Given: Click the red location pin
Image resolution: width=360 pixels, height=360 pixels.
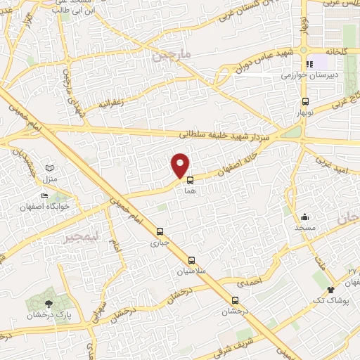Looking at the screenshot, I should coord(181,165).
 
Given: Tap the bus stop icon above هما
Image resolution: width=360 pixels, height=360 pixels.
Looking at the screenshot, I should coord(190,180).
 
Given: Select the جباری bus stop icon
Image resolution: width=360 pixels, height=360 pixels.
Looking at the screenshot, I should coord(160,231).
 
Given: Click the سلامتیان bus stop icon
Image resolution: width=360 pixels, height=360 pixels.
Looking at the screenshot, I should coord(192,260).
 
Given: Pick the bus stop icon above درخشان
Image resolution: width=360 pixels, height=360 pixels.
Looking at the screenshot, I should coord(235,300).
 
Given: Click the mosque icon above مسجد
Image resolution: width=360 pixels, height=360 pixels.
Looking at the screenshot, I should coord(304,217).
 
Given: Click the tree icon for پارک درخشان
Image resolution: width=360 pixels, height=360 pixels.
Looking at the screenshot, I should coord(48,304).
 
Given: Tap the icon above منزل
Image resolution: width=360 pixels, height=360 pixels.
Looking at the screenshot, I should coord(49,167).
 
